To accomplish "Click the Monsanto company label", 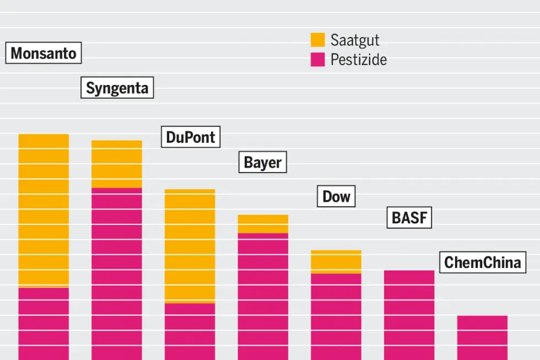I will click(44, 53).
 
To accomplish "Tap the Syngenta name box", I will click(117, 88).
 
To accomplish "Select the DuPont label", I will click(191, 137).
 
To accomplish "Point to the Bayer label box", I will click(262, 163).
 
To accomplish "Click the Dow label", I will click(336, 196).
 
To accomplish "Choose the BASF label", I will click(409, 218).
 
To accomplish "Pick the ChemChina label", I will click(482, 262).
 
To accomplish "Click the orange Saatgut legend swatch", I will click(317, 40).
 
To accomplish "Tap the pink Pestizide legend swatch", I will click(317, 59).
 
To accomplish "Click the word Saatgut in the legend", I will click(355, 40).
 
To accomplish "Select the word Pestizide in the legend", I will click(358, 59).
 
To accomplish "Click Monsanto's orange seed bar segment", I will click(44, 209).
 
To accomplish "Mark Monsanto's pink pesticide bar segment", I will click(44, 324).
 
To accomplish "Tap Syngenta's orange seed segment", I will click(117, 164).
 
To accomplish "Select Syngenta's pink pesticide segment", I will click(117, 273).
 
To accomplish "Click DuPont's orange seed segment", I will click(190, 246).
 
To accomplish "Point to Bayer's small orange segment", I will click(263, 224).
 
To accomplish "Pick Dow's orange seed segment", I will click(336, 262).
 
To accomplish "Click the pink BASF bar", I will click(409, 314).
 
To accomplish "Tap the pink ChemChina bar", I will click(482, 337).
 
